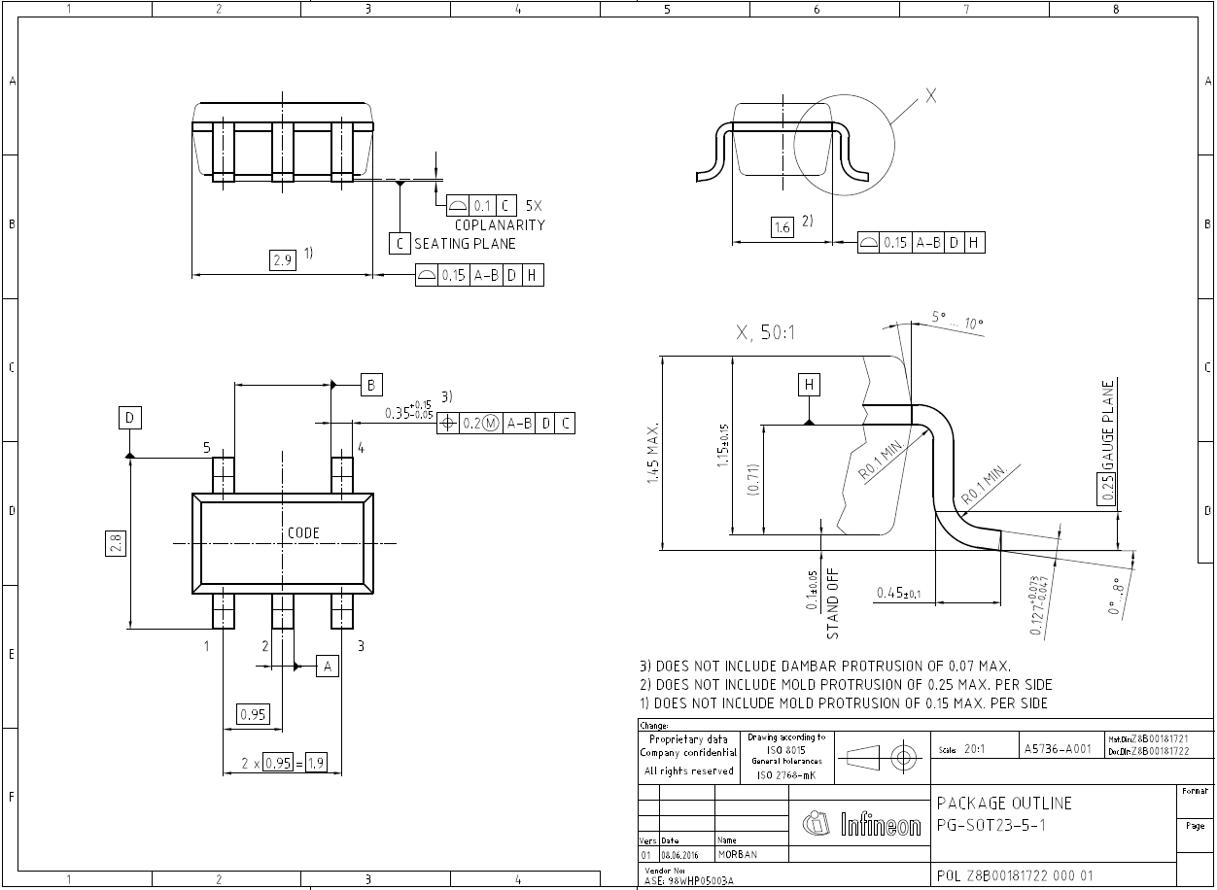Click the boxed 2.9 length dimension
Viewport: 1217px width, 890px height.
(283, 260)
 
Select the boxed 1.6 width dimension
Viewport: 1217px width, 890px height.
(782, 227)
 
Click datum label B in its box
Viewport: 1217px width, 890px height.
(371, 385)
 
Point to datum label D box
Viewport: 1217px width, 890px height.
(130, 419)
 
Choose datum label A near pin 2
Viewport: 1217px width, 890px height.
(328, 666)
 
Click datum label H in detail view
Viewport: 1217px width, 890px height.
(809, 385)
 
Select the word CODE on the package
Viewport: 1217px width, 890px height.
(303, 533)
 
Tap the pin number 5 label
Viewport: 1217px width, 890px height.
(206, 448)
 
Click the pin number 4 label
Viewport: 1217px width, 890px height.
(360, 448)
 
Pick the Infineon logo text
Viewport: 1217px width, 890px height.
(880, 826)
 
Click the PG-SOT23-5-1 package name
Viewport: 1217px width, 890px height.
(991, 824)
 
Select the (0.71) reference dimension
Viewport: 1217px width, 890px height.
(752, 480)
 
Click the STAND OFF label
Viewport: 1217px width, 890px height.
(832, 603)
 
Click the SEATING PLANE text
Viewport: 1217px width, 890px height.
(465, 244)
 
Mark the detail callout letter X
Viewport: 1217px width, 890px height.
(930, 96)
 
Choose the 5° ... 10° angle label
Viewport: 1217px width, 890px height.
(957, 321)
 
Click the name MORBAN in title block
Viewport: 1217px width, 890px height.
(738, 854)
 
